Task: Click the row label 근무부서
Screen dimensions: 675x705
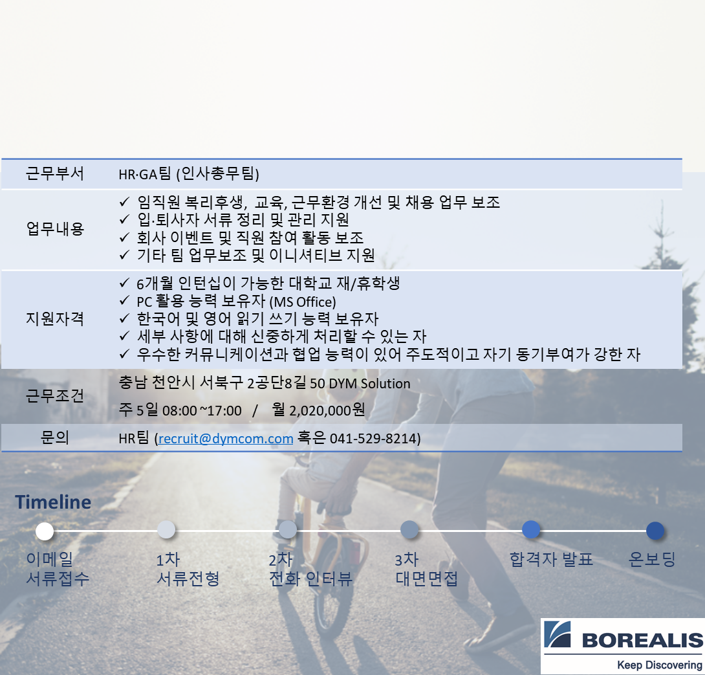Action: (55, 173)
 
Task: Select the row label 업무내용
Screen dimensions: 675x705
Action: (55, 228)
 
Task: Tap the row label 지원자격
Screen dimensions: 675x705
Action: (55, 319)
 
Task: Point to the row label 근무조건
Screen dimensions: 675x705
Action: (55, 395)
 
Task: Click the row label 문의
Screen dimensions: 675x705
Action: (55, 438)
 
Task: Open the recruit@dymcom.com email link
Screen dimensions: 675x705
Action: (226, 439)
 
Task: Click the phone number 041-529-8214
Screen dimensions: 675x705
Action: (373, 439)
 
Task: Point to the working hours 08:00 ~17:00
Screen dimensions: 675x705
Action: (202, 410)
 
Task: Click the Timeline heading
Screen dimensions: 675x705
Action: (53, 502)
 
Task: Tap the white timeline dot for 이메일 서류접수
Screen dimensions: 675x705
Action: (45, 531)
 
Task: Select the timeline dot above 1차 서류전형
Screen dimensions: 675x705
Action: (166, 529)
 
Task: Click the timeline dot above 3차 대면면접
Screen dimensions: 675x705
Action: (409, 530)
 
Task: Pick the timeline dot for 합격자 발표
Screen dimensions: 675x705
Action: (531, 529)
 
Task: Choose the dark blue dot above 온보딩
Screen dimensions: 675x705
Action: (655, 531)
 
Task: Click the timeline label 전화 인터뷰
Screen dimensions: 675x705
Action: (310, 579)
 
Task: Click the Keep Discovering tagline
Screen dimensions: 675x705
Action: (659, 665)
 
